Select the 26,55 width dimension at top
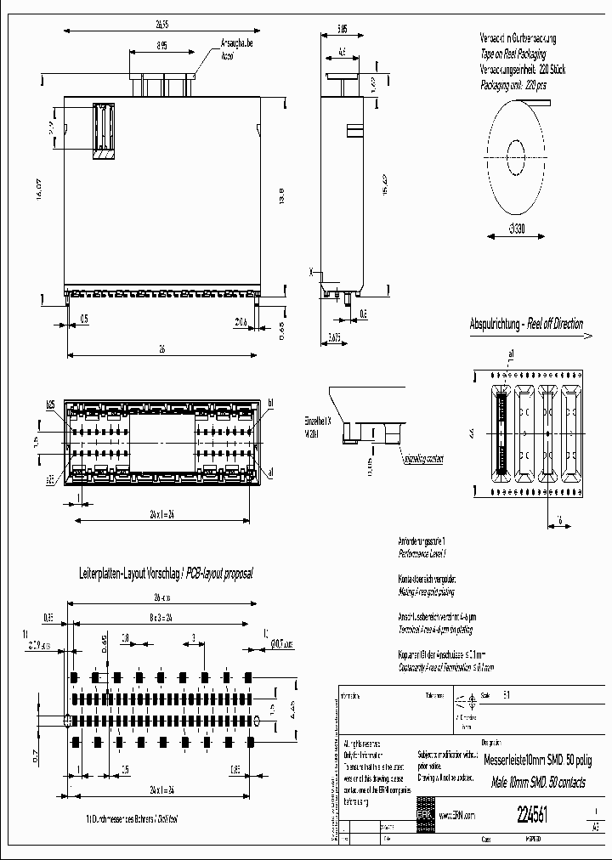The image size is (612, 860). [164, 25]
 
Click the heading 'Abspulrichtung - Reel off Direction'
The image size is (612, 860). [526, 324]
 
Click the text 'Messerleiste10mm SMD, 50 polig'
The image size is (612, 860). [539, 760]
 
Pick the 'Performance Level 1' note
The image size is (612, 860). [422, 553]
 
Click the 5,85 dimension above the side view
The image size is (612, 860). [340, 28]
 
